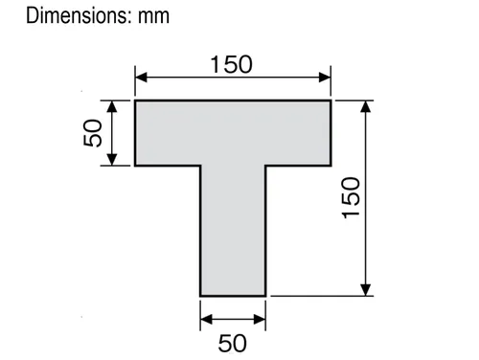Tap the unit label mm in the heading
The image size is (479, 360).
153,16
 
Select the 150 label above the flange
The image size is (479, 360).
232,64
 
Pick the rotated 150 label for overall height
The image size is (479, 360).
351,197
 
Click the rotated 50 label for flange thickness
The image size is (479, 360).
93,133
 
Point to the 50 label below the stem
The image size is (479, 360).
233,344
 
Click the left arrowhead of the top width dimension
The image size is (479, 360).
141,78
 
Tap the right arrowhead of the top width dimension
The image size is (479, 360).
325,78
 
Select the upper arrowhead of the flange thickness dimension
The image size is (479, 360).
111,106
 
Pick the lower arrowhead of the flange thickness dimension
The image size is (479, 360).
111,160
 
